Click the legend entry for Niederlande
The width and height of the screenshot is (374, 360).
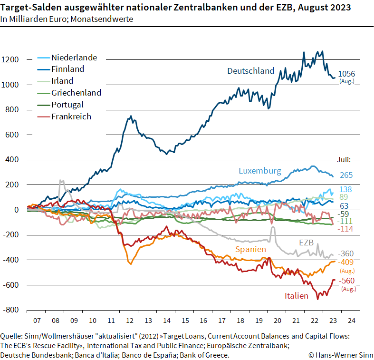tap(74, 58)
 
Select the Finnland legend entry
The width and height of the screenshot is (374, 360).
tap(67, 69)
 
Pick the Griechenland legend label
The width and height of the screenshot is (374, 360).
tap(76, 93)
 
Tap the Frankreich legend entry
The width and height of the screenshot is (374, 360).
tap(71, 117)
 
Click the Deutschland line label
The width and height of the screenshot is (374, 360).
tap(250, 71)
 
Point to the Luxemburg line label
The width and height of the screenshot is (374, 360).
tap(259, 170)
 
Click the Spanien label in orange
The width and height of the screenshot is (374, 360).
tap(250, 249)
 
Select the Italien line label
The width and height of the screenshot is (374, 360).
tap(297, 296)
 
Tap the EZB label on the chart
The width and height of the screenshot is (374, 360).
tap(306, 243)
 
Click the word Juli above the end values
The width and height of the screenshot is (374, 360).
tap(343, 160)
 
